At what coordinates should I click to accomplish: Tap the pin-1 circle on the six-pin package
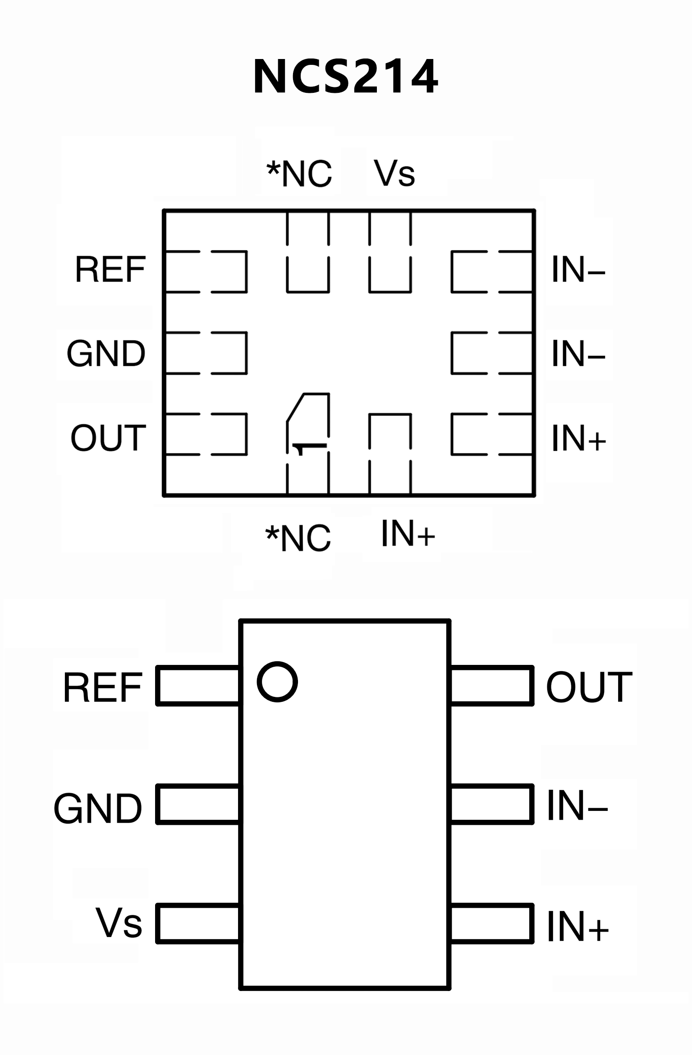click(277, 682)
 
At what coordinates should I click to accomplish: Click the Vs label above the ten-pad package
click(394, 173)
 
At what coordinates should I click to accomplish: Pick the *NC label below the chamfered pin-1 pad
click(298, 537)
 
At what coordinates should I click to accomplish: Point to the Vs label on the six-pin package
click(119, 923)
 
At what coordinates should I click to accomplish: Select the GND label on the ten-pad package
click(106, 353)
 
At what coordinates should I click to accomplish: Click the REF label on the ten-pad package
click(110, 269)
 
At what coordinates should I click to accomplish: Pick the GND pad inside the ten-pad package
click(206, 353)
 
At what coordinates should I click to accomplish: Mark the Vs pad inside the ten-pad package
click(390, 252)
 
